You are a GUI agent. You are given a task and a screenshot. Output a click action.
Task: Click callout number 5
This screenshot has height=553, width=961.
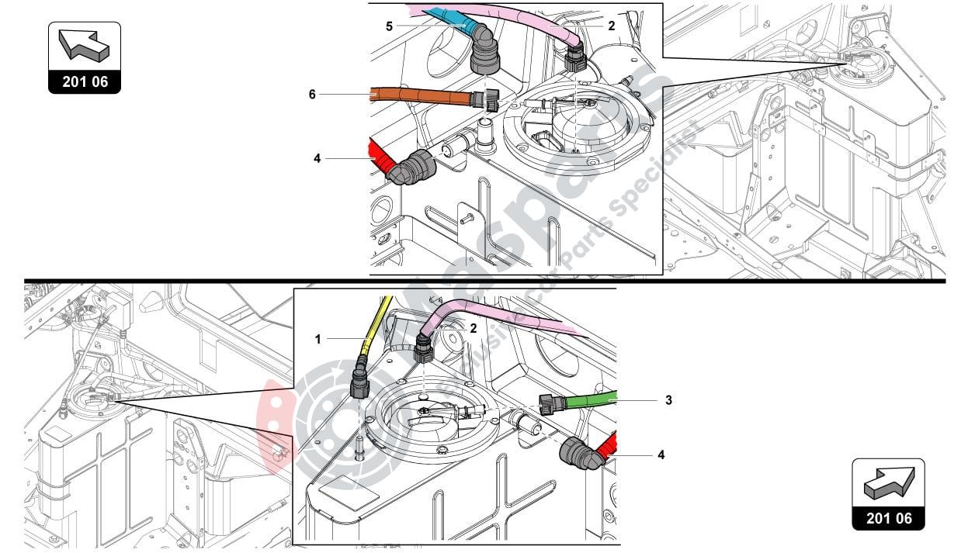[x=390, y=26]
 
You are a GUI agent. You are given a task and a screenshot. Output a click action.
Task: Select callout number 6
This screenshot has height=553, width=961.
[x=312, y=94]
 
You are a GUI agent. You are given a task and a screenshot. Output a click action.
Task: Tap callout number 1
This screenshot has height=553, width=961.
[x=317, y=338]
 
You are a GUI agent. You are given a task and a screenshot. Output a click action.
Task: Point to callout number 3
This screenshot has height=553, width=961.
[x=668, y=400]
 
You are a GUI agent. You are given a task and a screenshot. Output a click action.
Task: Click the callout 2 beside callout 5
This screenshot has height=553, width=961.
[x=612, y=26]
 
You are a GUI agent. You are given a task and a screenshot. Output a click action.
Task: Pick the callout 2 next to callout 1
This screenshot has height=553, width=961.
[x=472, y=328]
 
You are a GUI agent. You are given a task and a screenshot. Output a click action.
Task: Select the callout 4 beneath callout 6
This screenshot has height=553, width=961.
[x=317, y=158]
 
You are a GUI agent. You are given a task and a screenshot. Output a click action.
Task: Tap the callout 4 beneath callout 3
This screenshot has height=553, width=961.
[x=661, y=454]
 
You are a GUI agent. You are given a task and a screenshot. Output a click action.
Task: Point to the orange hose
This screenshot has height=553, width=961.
[x=419, y=96]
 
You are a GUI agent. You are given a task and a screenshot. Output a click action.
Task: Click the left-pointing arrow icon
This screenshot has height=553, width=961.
[x=85, y=47]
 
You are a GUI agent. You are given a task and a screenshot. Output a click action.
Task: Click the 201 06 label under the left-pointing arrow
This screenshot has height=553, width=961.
[x=85, y=81]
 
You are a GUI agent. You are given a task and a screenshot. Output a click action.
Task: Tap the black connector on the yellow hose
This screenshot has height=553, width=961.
[x=359, y=378]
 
